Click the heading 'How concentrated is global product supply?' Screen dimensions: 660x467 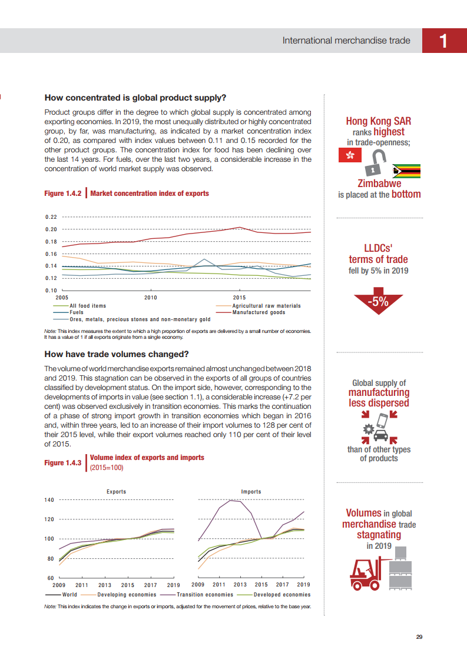(135, 98)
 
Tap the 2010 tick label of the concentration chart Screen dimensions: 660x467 (151, 298)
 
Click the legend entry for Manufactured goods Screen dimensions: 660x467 (259, 312)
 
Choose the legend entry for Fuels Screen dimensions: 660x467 (76, 312)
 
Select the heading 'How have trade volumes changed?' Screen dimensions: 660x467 (117, 354)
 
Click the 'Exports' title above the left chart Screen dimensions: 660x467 (116, 492)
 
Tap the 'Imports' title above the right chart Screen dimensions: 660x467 (251, 492)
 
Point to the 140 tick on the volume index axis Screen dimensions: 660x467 (49, 500)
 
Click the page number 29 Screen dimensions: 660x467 (419, 636)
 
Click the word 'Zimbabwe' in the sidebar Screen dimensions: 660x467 (379, 184)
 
